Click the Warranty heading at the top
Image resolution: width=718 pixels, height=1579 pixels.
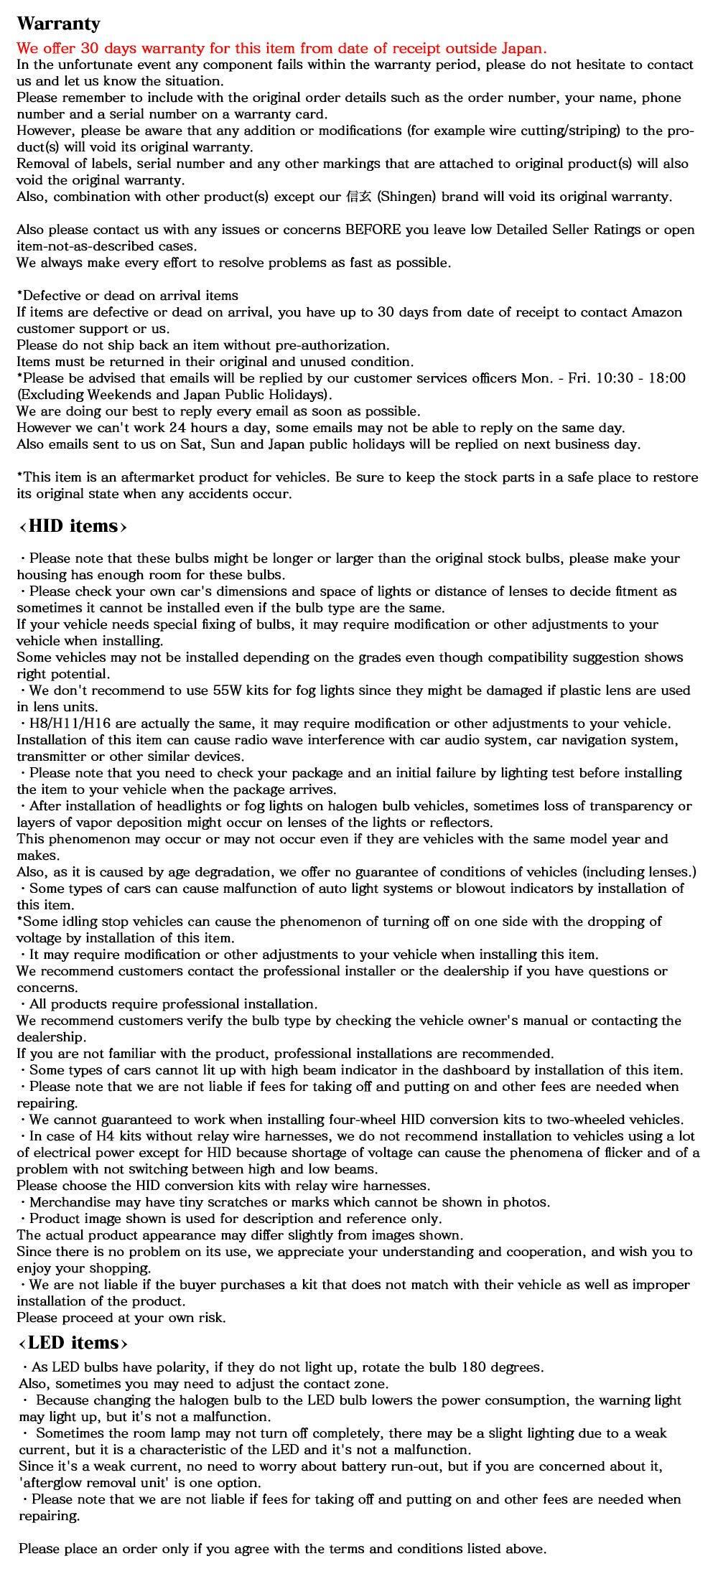(x=58, y=24)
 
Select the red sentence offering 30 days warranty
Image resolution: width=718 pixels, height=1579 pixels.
(x=281, y=49)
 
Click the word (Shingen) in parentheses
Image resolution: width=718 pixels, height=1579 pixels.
(x=406, y=197)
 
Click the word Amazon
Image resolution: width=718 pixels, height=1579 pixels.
(x=657, y=312)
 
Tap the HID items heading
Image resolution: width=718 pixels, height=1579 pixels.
(x=73, y=526)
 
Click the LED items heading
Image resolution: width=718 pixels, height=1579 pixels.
(x=73, y=1343)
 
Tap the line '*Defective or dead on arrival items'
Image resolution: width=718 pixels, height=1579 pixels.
(x=127, y=296)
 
